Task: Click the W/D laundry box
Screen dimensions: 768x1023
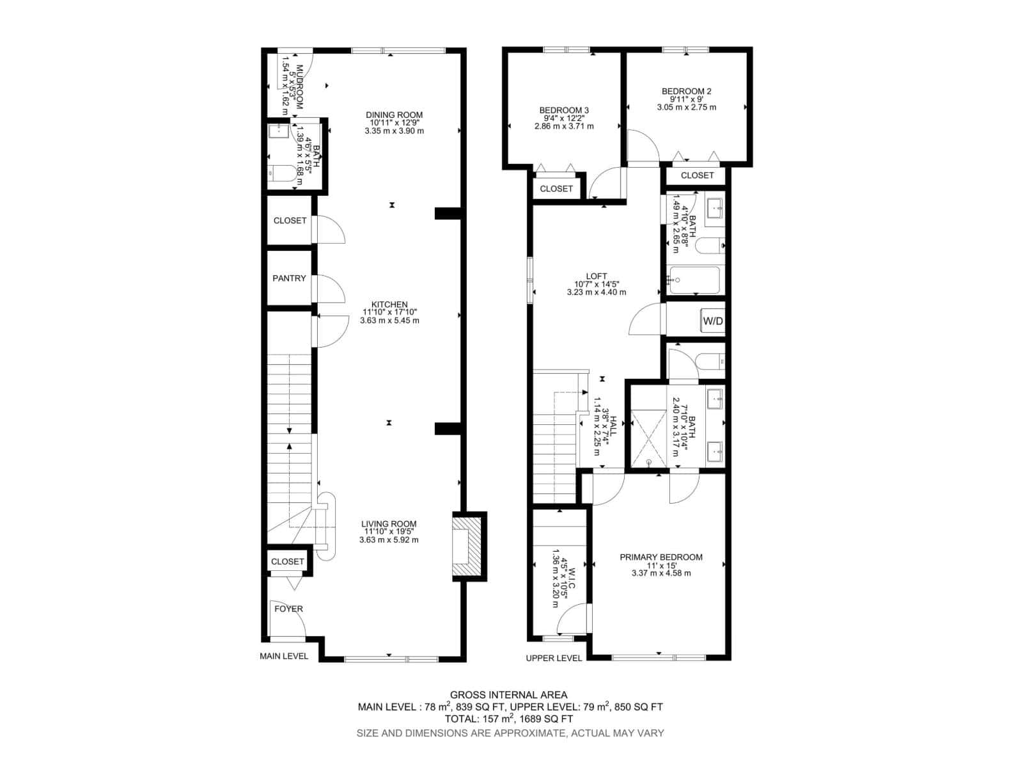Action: [x=713, y=321]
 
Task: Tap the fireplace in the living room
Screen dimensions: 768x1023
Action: [x=466, y=546]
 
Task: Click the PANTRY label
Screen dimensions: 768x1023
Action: [x=289, y=278]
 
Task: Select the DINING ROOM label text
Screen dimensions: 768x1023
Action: [x=394, y=115]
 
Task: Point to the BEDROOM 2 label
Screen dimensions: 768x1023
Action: [x=686, y=92]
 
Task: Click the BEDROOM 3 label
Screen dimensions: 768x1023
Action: [x=564, y=111]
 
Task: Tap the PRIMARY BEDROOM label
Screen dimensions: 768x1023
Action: [x=660, y=557]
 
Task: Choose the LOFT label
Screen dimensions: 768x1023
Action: [x=596, y=276]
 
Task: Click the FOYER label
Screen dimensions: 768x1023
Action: [x=288, y=609]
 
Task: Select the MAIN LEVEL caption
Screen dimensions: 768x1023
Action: [x=284, y=656]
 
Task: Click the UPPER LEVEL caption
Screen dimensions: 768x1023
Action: [x=554, y=658]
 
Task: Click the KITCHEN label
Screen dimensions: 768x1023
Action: [x=389, y=305]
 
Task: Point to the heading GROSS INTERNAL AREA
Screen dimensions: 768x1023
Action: [x=508, y=694]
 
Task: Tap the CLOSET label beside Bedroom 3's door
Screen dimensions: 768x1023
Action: [x=556, y=189]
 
